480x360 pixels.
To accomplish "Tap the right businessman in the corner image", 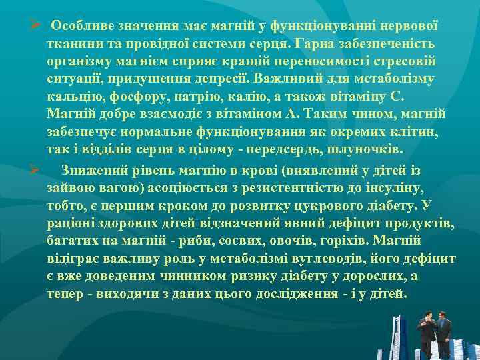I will click(442, 331).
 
